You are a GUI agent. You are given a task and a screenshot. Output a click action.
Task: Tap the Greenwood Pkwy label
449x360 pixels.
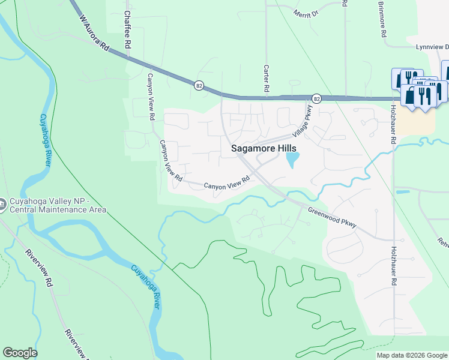(333, 218)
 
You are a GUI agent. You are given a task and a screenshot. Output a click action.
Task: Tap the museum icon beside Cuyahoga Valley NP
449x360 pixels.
(2, 205)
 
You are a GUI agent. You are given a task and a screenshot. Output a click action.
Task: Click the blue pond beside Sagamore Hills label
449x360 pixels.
(292, 160)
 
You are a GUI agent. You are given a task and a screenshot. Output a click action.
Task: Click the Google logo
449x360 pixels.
(20, 353)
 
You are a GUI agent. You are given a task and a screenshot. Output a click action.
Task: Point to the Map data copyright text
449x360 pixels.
(411, 355)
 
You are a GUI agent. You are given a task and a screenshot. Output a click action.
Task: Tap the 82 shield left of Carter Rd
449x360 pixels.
(199, 86)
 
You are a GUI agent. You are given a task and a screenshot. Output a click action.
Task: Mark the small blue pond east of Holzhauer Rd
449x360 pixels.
(402, 193)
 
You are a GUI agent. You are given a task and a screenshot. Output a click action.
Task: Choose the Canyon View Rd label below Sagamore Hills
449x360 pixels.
(226, 183)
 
